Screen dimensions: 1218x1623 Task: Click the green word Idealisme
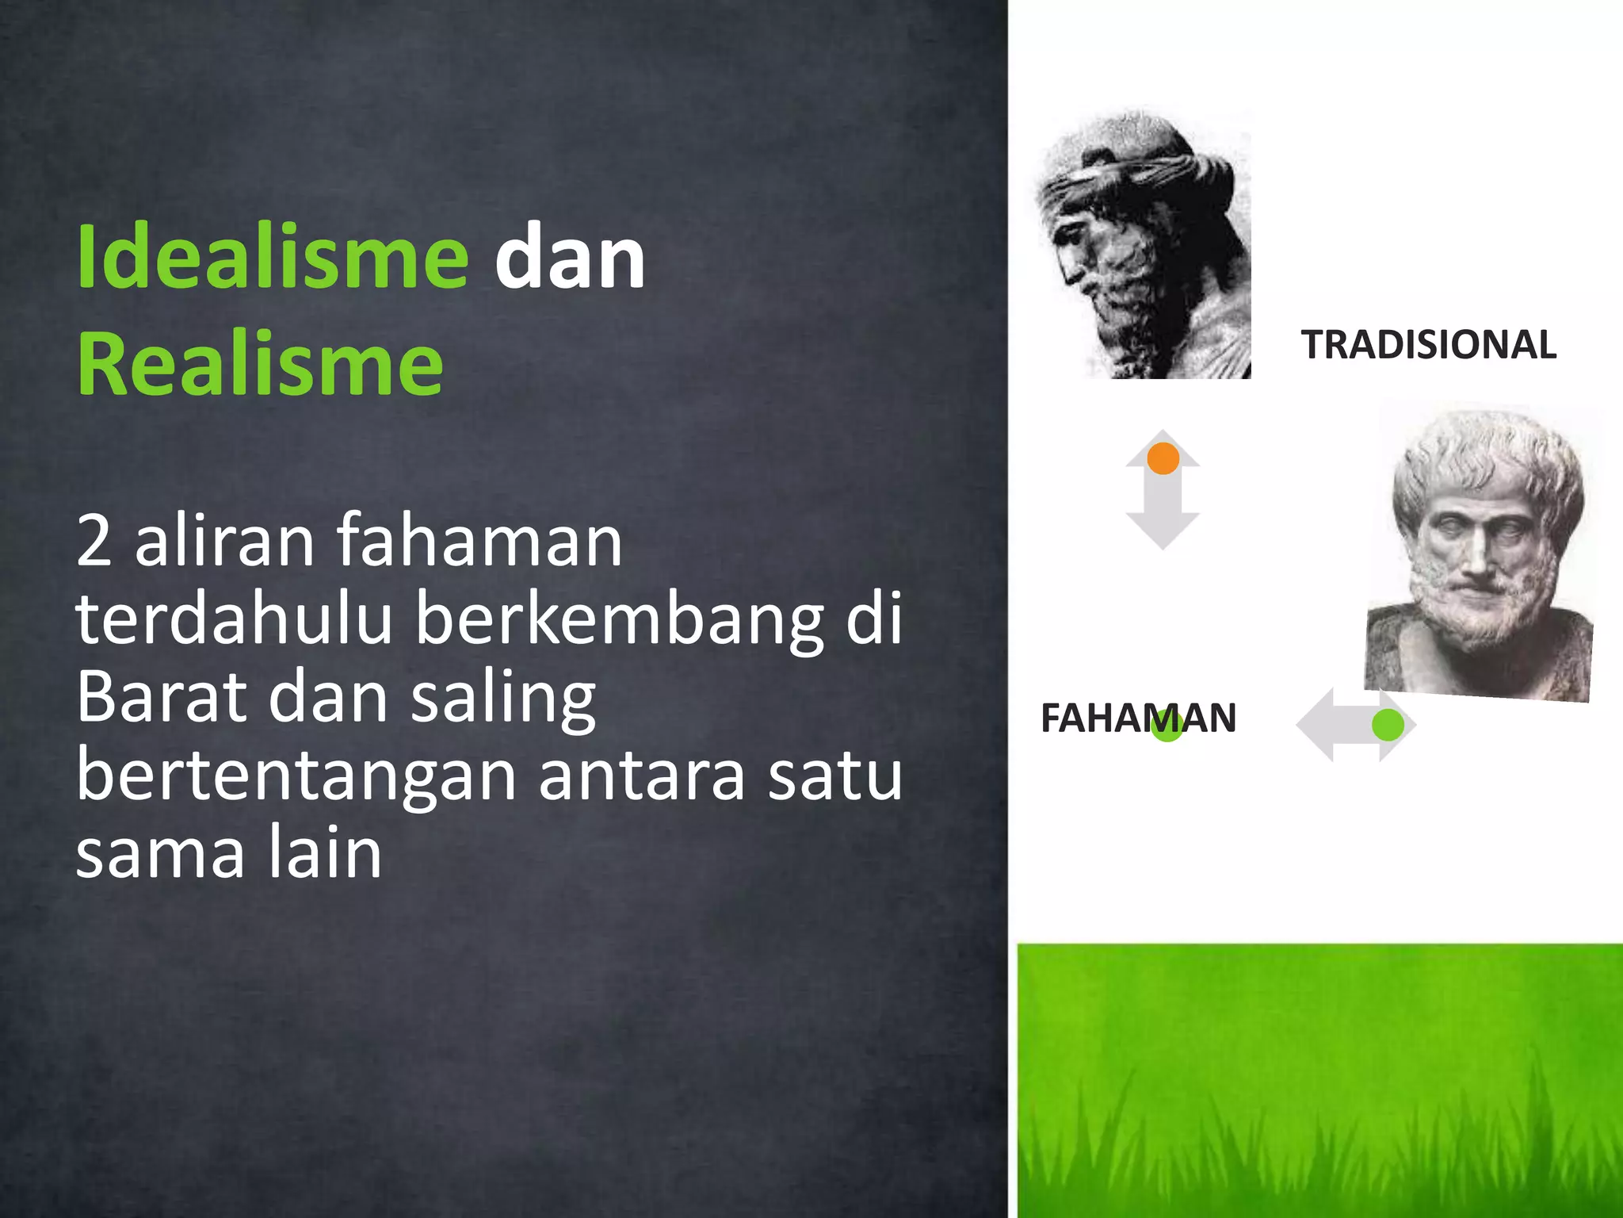tap(273, 258)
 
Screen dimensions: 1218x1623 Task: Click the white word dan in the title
tap(569, 258)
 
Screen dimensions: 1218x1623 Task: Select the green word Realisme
tap(260, 365)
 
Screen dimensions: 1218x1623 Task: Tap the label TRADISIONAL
tap(1428, 345)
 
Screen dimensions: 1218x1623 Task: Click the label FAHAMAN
tap(1138, 718)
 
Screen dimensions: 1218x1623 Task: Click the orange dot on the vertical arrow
tap(1163, 458)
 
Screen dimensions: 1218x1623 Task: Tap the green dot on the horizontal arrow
tap(1388, 725)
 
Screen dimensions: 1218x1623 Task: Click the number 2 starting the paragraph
tap(94, 541)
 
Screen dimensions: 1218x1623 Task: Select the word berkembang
tap(618, 620)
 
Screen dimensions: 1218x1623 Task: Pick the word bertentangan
tap(297, 777)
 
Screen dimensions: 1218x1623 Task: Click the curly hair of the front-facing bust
tap(1490, 456)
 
